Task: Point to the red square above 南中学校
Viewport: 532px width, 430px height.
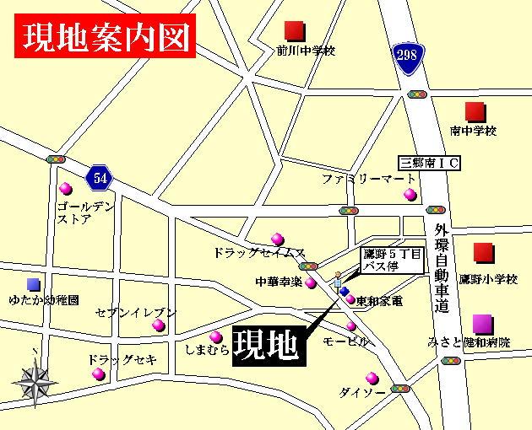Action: [474, 111]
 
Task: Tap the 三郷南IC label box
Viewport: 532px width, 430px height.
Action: [429, 164]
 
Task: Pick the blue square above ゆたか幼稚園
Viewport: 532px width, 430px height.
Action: [33, 284]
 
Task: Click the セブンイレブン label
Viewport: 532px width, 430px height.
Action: [136, 313]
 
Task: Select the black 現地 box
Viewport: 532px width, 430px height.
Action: [267, 343]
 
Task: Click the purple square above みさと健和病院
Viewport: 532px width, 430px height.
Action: [481, 323]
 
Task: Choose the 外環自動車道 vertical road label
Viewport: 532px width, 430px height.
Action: [440, 271]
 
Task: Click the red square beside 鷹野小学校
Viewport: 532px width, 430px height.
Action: [482, 253]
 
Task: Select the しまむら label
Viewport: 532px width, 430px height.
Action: [206, 347]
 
